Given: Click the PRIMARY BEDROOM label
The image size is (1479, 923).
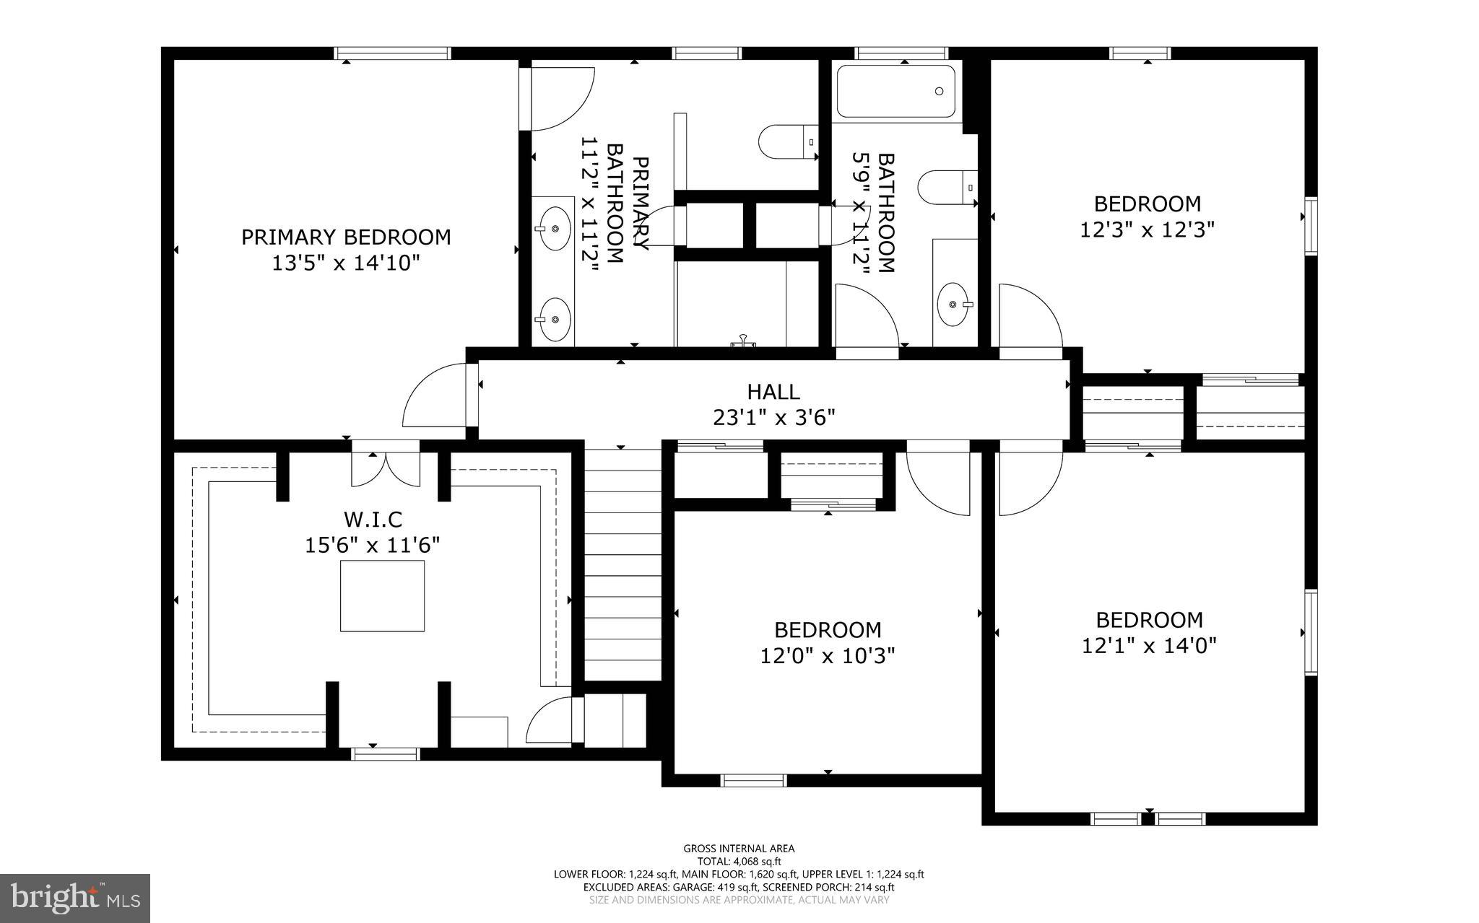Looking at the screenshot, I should (345, 237).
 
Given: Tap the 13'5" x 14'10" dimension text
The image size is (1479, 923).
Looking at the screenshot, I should (345, 263).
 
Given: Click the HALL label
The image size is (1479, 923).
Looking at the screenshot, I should (773, 392).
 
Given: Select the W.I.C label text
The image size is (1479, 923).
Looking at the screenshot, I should (373, 519).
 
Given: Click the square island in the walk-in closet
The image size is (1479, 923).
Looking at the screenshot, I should (382, 596).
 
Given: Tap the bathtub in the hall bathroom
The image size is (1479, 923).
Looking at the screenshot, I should (895, 92).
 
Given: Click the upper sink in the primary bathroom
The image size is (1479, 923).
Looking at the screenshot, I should (555, 228).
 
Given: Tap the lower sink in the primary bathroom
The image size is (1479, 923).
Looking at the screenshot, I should (555, 319).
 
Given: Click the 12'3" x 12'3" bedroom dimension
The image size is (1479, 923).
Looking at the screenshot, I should (1147, 229).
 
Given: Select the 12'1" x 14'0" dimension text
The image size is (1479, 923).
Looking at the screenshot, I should (1149, 645).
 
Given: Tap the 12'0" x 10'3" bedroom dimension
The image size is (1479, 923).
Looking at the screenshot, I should (828, 656).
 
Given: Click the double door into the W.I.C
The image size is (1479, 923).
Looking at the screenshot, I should (386, 468).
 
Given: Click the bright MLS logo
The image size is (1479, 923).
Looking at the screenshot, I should (75, 897).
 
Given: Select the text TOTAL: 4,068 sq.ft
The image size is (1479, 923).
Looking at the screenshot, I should (739, 861).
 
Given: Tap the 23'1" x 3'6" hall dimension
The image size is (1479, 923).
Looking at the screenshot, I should (773, 418).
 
